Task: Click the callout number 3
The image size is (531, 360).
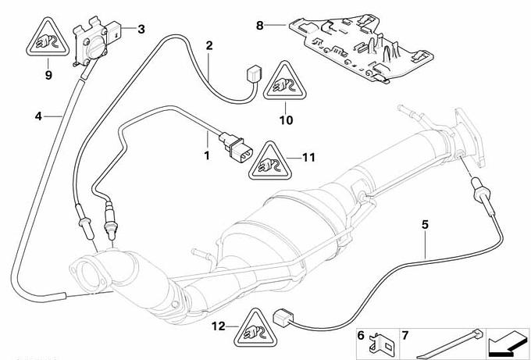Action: (141, 29)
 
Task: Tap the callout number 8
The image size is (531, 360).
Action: (260, 26)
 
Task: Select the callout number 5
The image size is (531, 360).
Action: (425, 225)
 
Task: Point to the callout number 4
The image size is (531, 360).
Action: (38, 116)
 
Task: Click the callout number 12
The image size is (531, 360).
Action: (219, 326)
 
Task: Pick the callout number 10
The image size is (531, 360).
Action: (286, 120)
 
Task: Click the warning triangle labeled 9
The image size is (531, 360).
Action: (48, 38)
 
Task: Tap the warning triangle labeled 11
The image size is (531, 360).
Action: (270, 161)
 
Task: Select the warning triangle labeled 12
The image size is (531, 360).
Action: (255, 328)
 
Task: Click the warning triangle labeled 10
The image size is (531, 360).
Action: (285, 81)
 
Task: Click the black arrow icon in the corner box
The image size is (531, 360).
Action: (508, 344)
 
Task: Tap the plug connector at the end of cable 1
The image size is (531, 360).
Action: (236, 147)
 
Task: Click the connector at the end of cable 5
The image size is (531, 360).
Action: (281, 319)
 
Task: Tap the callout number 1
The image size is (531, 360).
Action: (207, 156)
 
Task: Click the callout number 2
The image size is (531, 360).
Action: (209, 45)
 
